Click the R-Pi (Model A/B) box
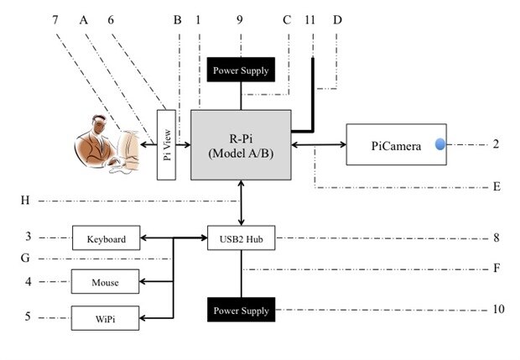242,144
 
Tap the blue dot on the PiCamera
440,144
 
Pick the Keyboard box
107,239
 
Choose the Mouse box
107,282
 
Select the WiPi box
107,318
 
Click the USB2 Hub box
242,239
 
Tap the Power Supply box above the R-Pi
242,70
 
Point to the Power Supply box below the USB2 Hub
242,310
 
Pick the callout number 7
55,18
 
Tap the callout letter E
497,186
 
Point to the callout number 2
496,144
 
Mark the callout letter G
24,258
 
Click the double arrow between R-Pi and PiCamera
319,144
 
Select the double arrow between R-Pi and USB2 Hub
242,202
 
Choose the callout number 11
313,18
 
